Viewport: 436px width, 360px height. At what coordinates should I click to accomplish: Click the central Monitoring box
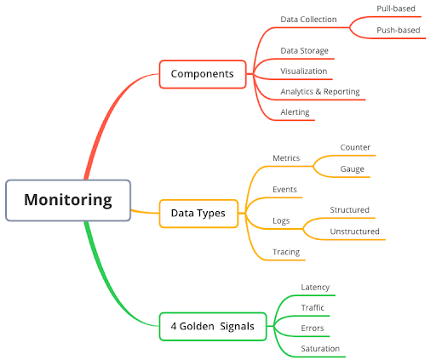68,201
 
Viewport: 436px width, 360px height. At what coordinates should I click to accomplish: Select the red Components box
202,74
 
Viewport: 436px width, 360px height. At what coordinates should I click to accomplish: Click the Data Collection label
308,20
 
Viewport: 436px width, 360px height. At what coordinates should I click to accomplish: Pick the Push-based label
399,31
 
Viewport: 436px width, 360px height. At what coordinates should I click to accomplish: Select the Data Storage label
304,51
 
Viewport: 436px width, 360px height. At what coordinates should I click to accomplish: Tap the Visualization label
303,71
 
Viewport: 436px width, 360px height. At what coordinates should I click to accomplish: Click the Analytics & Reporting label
319,92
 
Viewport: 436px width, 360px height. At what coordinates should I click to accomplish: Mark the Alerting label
295,112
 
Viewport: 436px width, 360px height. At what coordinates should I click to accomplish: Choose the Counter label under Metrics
355,147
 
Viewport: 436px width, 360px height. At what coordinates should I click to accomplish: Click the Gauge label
352,169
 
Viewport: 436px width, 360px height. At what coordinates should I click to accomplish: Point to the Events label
284,189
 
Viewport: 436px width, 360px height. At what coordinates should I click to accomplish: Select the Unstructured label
354,231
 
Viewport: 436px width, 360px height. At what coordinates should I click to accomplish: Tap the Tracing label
285,252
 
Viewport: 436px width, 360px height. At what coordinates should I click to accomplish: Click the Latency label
315,288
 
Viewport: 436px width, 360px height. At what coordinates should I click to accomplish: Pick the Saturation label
320,349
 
